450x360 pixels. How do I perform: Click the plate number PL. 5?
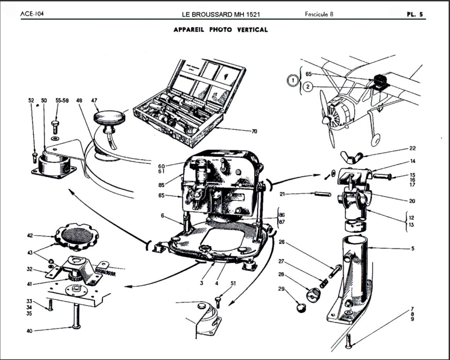415,14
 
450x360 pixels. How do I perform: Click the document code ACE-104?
32,14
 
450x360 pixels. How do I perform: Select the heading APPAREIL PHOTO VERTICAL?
221,30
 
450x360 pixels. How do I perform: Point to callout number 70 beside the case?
254,131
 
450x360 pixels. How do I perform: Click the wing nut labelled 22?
352,156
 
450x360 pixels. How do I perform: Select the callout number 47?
94,101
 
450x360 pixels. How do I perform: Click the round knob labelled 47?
109,118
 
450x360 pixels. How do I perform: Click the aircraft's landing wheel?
376,140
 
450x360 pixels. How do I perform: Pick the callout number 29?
281,289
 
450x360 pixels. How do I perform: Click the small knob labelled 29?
301,307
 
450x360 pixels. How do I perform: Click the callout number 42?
30,236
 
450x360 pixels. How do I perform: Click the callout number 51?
233,284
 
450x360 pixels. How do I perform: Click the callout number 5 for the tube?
413,248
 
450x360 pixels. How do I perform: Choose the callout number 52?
31,101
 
